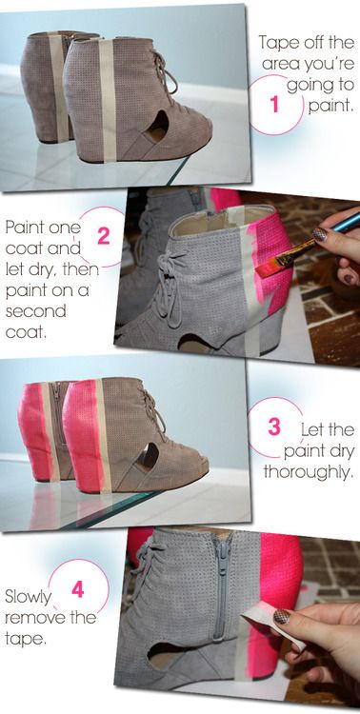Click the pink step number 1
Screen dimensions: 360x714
point(274,105)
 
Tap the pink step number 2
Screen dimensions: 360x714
point(104,236)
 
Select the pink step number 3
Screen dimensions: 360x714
point(274,426)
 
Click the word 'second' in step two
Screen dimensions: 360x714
point(35,311)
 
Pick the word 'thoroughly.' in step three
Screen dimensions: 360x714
point(309,471)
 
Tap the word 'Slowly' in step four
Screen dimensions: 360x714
point(27,598)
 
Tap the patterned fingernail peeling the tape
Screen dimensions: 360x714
point(281,616)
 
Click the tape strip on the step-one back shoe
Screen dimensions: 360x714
point(60,87)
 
